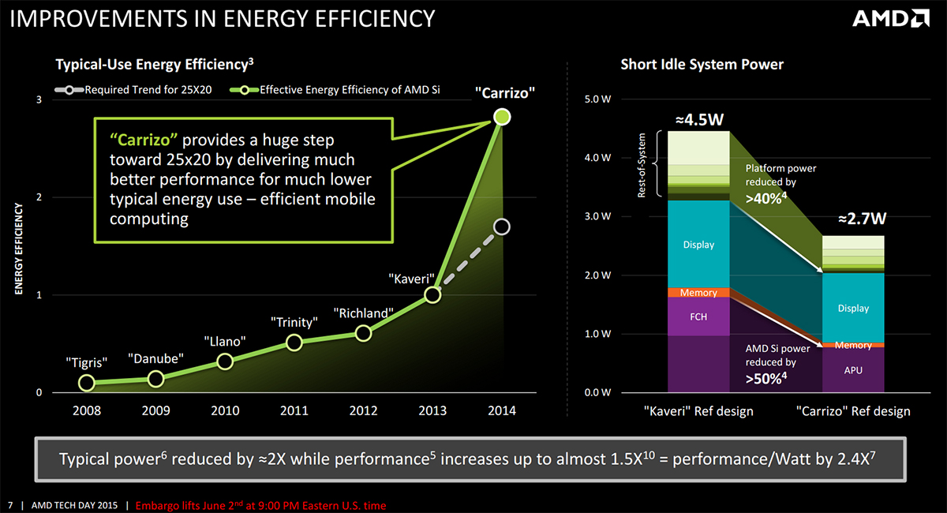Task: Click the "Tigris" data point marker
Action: tap(87, 383)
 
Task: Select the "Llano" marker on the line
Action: tap(225, 361)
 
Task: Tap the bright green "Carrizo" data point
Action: tap(503, 117)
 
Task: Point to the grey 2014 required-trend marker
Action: tap(502, 227)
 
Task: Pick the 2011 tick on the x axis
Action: tap(294, 410)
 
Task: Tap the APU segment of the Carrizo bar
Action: tap(852, 369)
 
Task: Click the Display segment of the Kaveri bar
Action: tap(698, 245)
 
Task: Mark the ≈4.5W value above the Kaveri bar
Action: tap(698, 120)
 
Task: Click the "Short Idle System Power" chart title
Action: tap(702, 64)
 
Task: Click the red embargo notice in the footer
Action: tap(261, 505)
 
